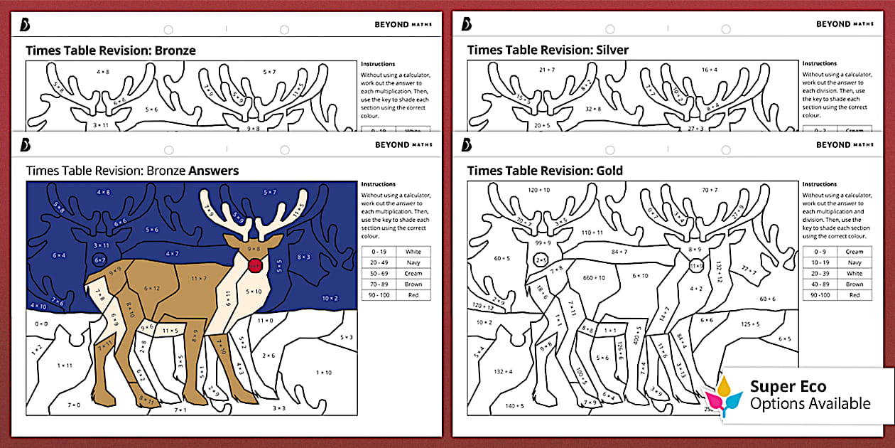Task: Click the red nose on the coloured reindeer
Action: point(255,265)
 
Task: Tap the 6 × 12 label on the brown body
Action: point(153,288)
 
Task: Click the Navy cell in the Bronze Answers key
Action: point(413,262)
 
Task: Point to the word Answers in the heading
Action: point(213,171)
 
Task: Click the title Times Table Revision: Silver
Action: point(548,50)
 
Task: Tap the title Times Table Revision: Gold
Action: point(545,171)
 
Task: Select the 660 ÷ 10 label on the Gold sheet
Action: point(594,277)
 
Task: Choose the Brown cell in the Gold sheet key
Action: point(855,284)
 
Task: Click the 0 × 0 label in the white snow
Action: point(41,323)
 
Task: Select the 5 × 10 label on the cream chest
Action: point(254,292)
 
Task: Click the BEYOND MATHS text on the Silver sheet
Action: point(844,24)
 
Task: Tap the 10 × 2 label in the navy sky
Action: point(330,298)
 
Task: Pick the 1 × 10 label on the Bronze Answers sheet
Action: point(323,372)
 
